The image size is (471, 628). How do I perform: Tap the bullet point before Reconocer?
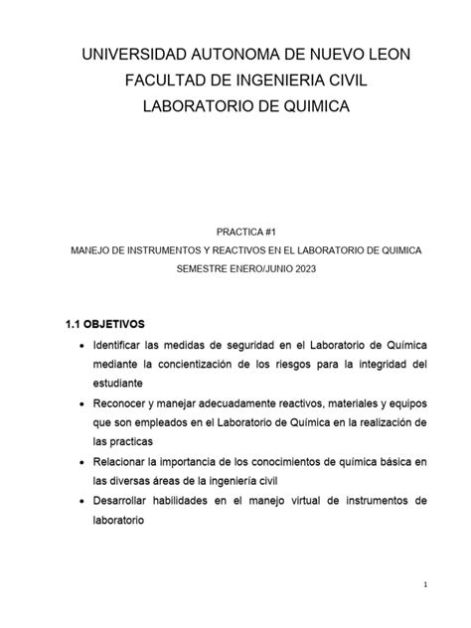[80, 401]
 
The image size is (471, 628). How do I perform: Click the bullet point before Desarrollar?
[80, 501]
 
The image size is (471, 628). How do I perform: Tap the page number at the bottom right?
[425, 585]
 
